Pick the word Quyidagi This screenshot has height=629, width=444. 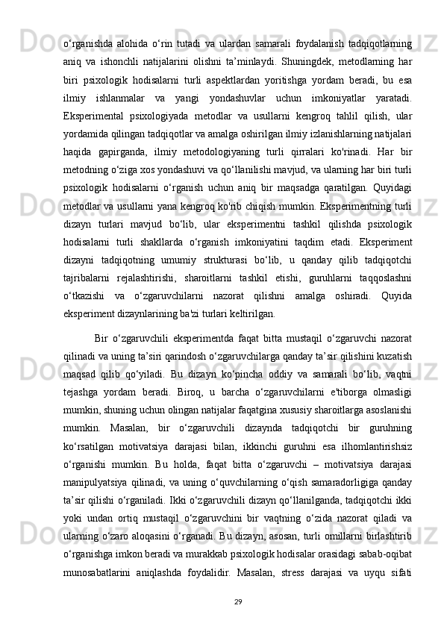pyautogui.click(x=392, y=182)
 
